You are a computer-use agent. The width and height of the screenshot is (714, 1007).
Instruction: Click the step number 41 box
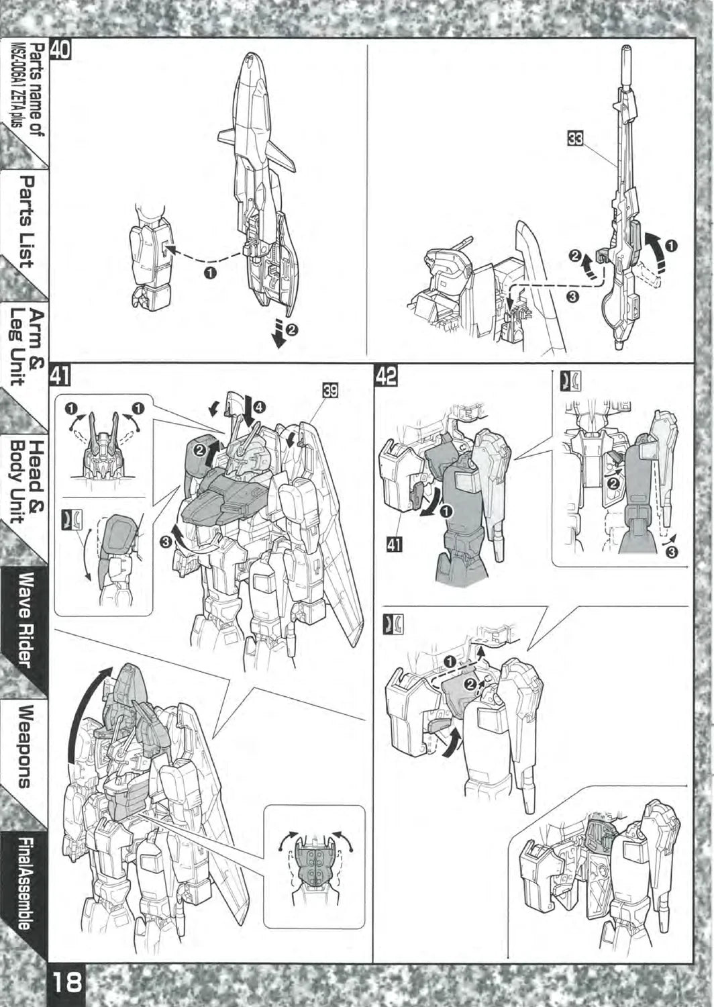[x=60, y=376]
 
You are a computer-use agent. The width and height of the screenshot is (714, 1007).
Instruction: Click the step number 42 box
[x=386, y=376]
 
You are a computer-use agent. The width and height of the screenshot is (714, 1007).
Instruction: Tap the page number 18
[x=67, y=981]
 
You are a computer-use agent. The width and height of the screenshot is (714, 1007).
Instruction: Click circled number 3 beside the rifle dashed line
[x=572, y=297]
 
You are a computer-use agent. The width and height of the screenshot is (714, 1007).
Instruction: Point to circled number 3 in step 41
[x=166, y=543]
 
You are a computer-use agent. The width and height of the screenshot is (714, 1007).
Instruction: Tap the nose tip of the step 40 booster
[x=251, y=55]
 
